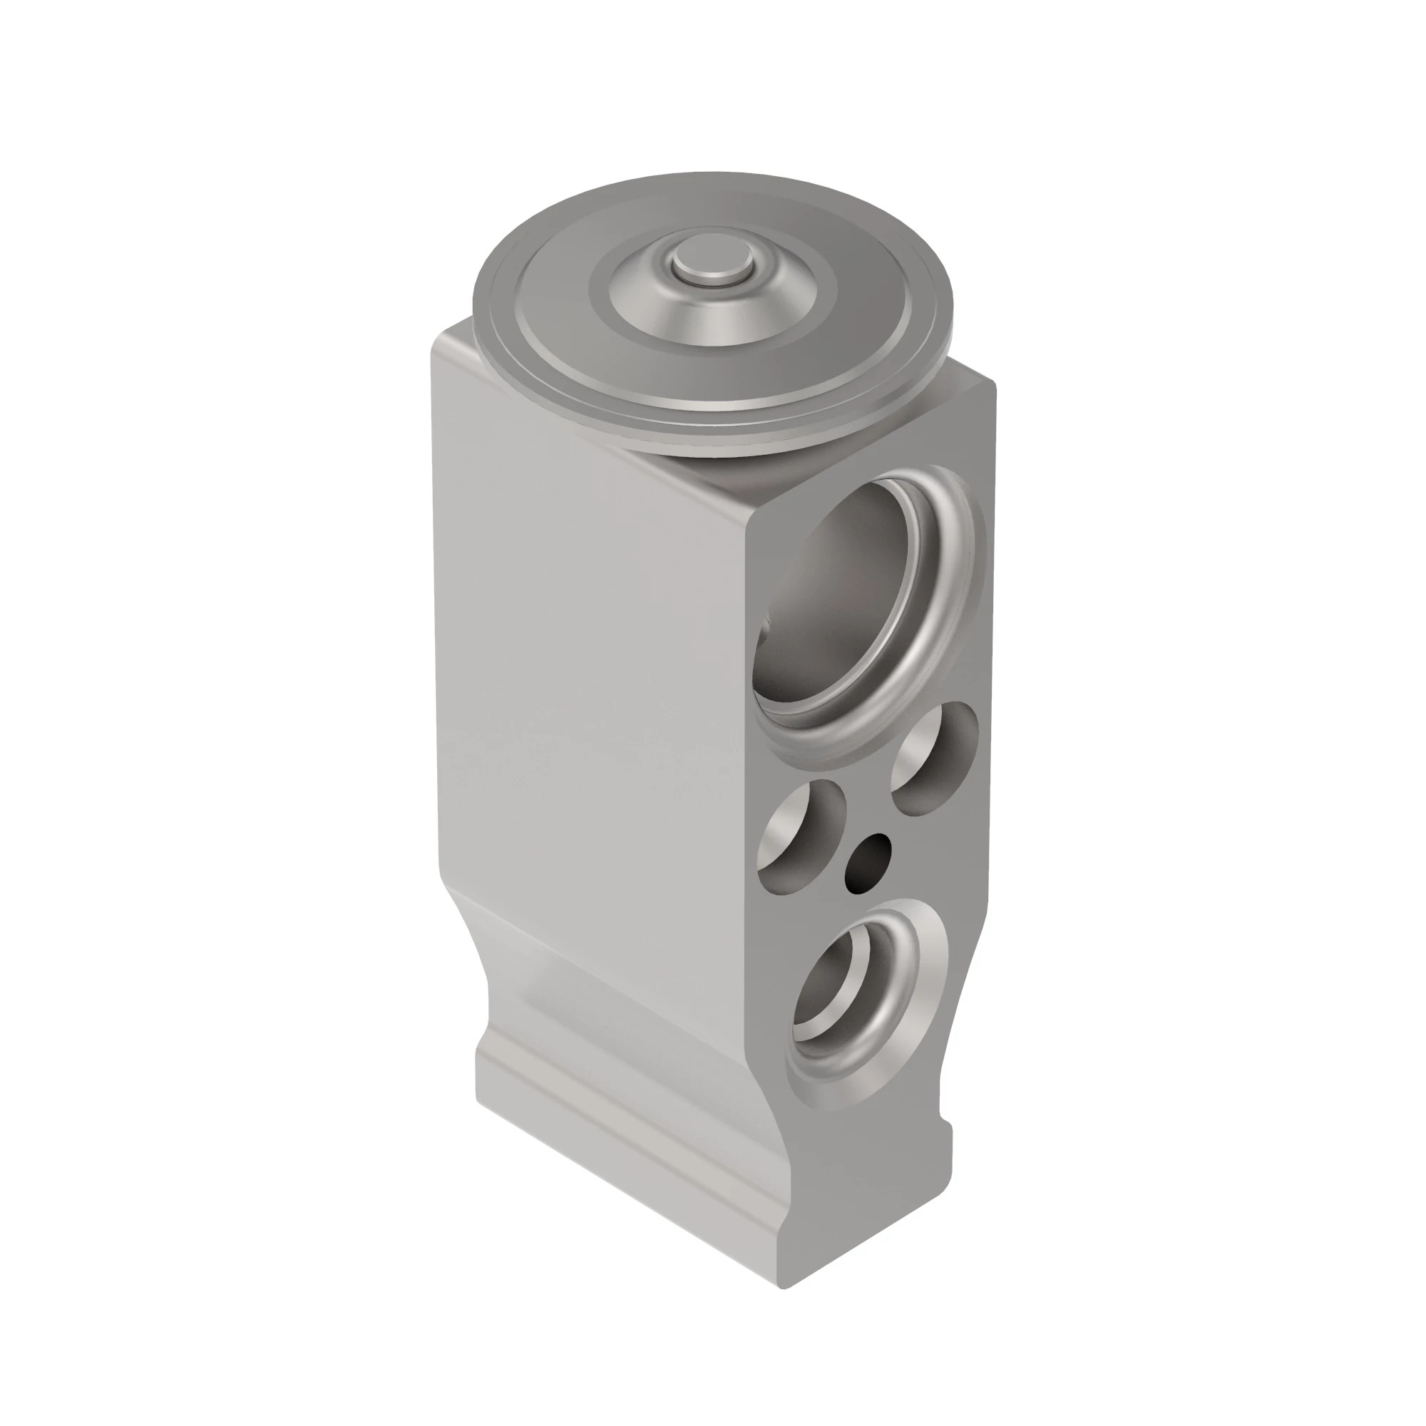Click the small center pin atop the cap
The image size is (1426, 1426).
click(712, 264)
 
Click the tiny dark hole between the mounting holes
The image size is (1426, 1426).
click(868, 860)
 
